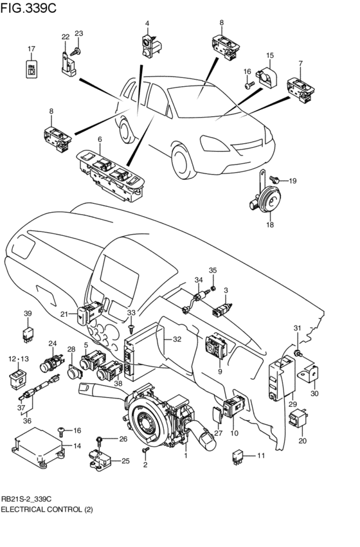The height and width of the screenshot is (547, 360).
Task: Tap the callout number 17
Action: click(31, 49)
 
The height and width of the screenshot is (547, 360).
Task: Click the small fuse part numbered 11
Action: click(239, 456)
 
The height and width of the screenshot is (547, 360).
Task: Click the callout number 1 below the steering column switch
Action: click(185, 456)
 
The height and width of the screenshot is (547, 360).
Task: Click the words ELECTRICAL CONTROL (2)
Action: click(47, 509)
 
